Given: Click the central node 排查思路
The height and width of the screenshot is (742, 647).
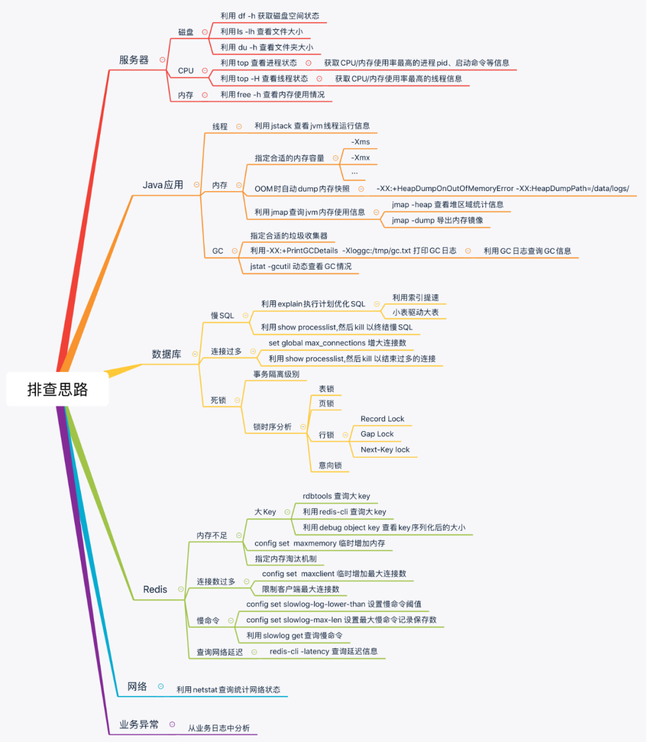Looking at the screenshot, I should [58, 390].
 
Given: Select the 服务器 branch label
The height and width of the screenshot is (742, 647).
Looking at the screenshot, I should [134, 60].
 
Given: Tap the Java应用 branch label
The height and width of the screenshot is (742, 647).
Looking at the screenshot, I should [163, 185].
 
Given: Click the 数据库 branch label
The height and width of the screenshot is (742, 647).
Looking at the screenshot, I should [167, 354].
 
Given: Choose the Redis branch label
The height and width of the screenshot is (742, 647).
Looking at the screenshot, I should [155, 589].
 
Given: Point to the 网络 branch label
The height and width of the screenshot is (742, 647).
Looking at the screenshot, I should [137, 686].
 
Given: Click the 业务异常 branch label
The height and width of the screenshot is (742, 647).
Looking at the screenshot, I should [139, 725].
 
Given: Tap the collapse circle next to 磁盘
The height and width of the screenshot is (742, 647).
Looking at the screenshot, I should [205, 32].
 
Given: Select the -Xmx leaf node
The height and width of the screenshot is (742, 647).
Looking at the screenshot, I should [361, 158].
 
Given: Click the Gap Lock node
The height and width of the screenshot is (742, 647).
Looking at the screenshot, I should [377, 434].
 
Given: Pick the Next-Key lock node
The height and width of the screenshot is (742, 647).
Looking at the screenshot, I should [385, 450].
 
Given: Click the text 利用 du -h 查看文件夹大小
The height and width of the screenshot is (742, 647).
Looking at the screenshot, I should [267, 47].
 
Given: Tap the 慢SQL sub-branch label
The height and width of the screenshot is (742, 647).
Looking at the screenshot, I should [222, 316].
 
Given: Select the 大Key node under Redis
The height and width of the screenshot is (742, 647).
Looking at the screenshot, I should [265, 512].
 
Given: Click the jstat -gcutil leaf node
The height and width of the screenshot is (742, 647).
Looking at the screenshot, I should [301, 266].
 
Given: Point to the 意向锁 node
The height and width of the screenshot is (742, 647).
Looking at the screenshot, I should [330, 465].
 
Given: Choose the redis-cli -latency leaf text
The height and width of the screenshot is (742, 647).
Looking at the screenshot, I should [323, 652].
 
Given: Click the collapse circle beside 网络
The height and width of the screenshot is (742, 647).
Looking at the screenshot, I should [161, 686].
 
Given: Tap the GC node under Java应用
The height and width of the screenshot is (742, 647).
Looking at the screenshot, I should [217, 251].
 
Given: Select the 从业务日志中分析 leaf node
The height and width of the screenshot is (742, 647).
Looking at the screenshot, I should [219, 728].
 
